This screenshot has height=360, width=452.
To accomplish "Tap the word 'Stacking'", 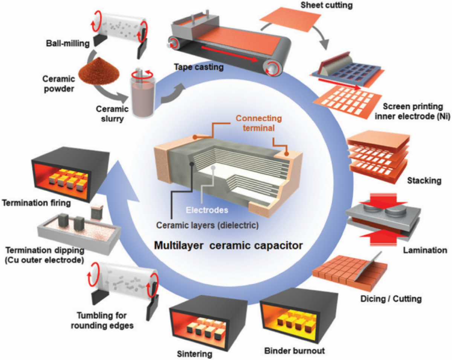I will point(424,181).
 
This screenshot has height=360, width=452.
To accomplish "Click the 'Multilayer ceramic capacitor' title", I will point(229,245).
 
